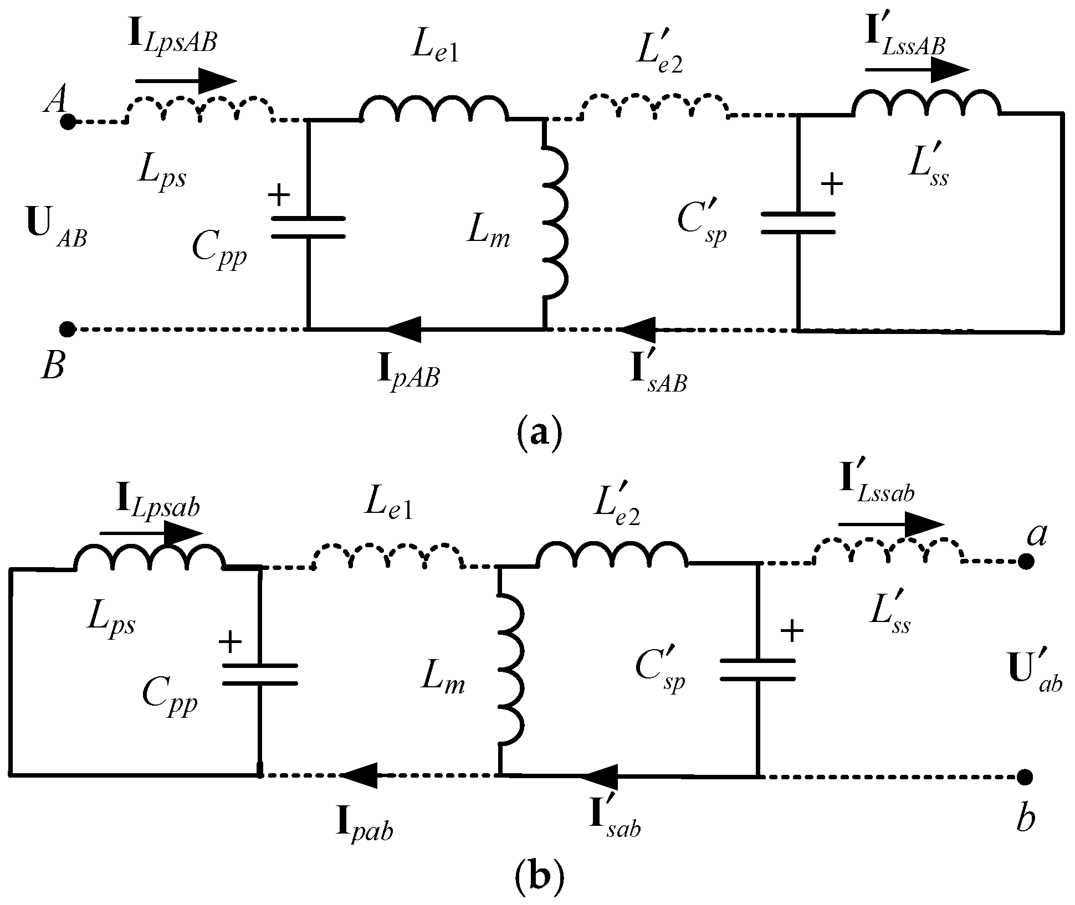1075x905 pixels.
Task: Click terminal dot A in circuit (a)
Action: pyautogui.click(x=68, y=122)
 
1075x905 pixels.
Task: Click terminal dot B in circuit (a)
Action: pyautogui.click(x=68, y=330)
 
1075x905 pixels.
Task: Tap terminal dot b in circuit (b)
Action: pyautogui.click(x=1025, y=777)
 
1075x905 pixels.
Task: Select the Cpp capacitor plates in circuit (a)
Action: pyautogui.click(x=309, y=228)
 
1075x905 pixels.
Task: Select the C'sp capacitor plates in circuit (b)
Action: pyautogui.click(x=757, y=669)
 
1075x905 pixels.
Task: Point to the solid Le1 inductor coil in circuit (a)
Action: pyautogui.click(x=434, y=108)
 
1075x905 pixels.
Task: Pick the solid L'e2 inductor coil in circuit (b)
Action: pyautogui.click(x=612, y=553)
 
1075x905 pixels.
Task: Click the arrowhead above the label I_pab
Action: pyautogui.click(x=359, y=775)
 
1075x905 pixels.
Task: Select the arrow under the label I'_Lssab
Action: pyautogui.click(x=891, y=525)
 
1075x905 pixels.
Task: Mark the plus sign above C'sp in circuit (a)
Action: pyautogui.click(x=831, y=184)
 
